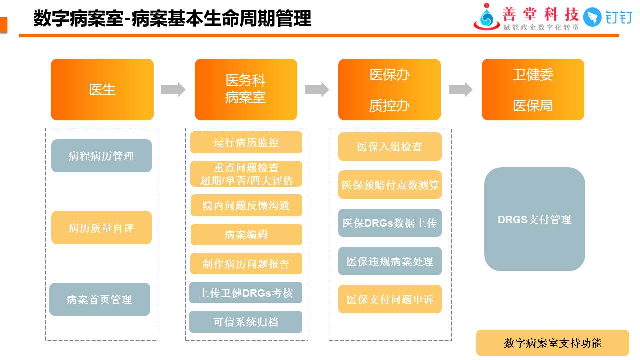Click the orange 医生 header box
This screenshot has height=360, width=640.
point(102,90)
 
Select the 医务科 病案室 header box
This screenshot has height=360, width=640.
point(246,90)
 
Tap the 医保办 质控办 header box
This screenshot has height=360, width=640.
point(389,90)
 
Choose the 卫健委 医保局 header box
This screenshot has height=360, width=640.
point(533,90)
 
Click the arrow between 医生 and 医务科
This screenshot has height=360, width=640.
point(173,90)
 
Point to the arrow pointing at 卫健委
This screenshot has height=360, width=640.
point(460,90)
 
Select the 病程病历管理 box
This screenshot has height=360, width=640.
point(101,156)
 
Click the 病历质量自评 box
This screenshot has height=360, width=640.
point(101,228)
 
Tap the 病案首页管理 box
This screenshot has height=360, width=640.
point(100,299)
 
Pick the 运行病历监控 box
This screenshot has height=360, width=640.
point(246,142)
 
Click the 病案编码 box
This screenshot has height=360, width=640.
point(246,234)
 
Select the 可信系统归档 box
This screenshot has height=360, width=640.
point(246,322)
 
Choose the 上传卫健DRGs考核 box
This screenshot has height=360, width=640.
point(246,293)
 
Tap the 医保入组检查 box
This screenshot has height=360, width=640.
point(390,146)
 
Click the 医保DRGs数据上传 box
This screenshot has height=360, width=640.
point(390,223)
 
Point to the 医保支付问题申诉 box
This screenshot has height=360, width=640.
point(390,299)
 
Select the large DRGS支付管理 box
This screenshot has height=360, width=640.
point(534,219)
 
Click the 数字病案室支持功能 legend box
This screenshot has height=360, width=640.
point(552,343)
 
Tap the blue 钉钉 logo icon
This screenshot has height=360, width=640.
point(593,17)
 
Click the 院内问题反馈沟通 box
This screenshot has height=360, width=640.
point(246,205)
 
